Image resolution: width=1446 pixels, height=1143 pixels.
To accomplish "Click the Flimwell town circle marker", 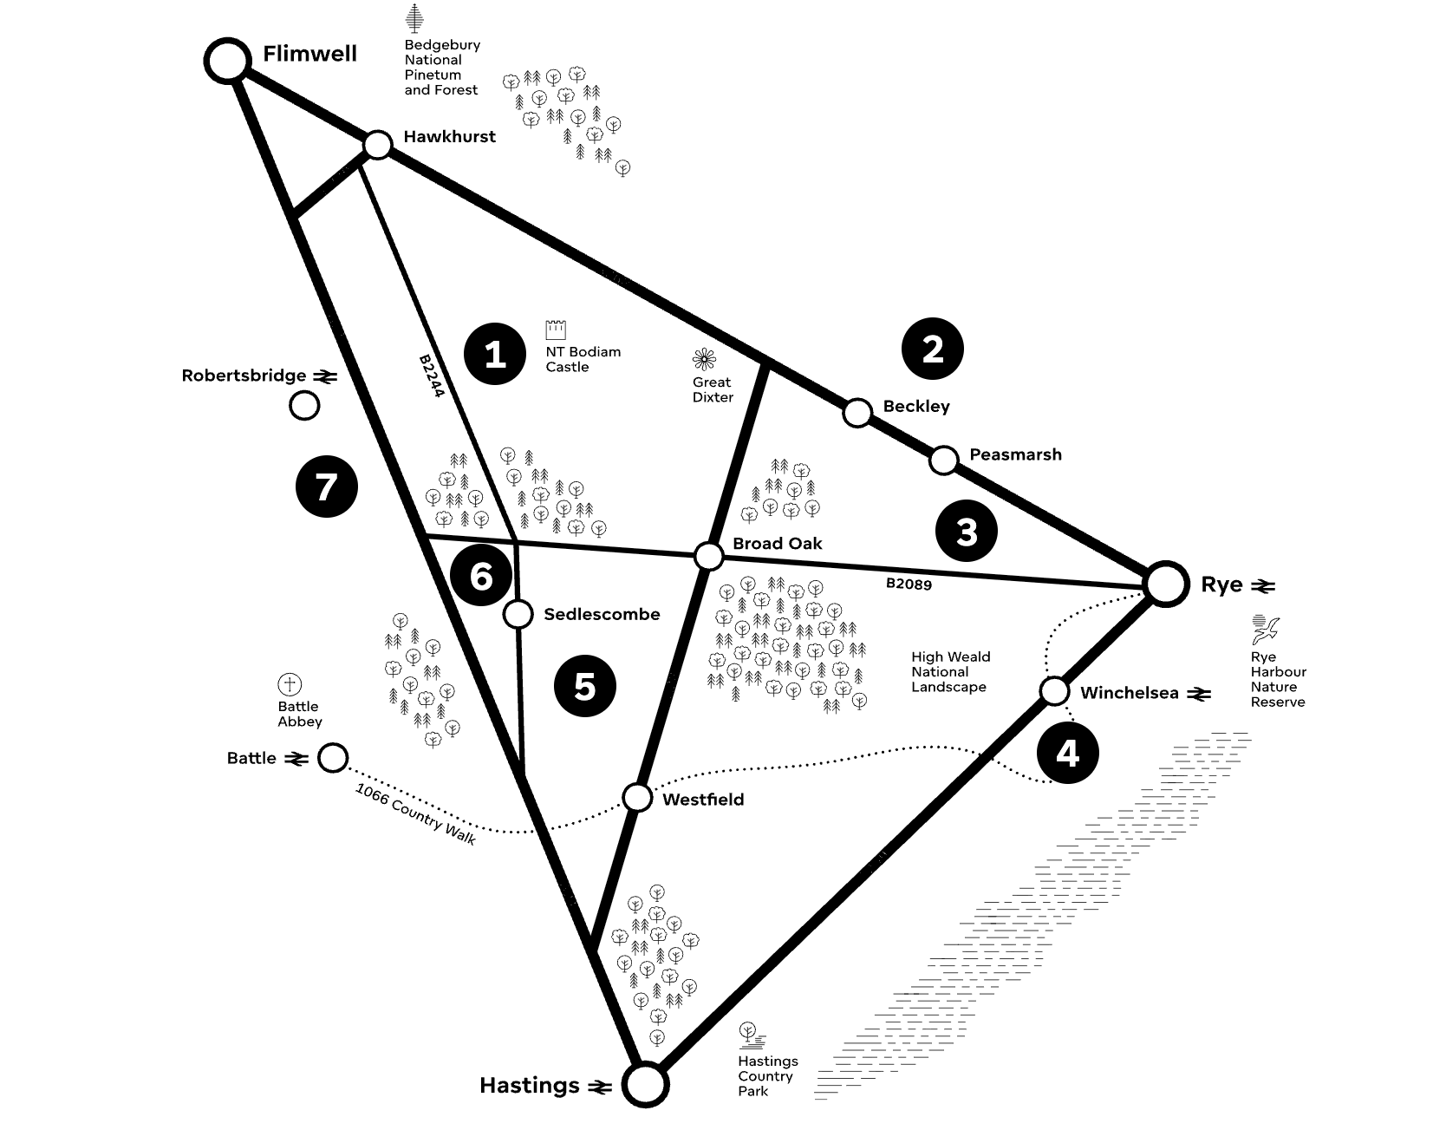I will [x=227, y=60].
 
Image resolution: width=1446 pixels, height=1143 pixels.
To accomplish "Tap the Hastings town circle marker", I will [x=645, y=1084].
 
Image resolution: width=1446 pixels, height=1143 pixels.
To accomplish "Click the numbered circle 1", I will [x=494, y=354].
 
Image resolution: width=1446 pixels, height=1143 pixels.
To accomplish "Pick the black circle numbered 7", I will [x=326, y=487].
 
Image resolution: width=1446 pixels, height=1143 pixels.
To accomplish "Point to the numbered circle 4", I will [x=1067, y=753].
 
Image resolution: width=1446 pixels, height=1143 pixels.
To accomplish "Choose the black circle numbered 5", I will [x=585, y=687].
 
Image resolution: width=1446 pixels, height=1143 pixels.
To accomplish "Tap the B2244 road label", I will [x=431, y=376].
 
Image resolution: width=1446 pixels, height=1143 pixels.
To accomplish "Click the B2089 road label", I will [x=909, y=584].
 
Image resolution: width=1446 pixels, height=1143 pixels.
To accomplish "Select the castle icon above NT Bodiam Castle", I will [x=556, y=330].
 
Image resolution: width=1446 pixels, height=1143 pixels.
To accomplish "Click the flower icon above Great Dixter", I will [x=705, y=359].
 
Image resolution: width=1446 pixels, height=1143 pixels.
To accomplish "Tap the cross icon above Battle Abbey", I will [x=290, y=684].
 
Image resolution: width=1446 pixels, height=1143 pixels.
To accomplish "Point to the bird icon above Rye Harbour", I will [x=1266, y=630].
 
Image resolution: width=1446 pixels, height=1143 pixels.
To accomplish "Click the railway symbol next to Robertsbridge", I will [x=325, y=376].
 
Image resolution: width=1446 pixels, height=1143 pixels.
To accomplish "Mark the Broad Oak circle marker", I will [x=709, y=556].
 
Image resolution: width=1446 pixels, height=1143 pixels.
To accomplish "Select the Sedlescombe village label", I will [x=602, y=615].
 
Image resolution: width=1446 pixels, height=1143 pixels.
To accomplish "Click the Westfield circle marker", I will [x=637, y=797].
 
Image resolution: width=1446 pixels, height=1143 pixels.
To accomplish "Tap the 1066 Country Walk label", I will [x=416, y=813].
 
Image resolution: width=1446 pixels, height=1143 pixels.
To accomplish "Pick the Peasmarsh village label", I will [x=1015, y=454].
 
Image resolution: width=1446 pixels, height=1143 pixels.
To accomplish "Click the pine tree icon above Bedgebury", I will [x=415, y=18].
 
